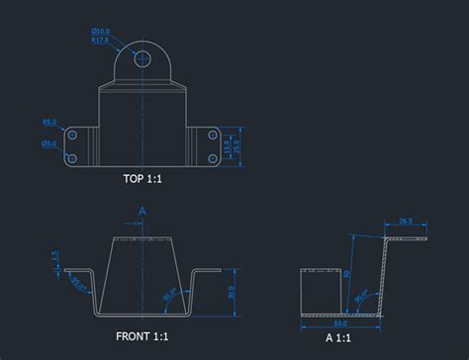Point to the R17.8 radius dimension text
[x=100, y=41]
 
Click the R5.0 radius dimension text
[x=49, y=123]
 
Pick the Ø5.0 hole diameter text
[x=49, y=143]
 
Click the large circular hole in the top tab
[x=142, y=59]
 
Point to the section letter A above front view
[x=142, y=211]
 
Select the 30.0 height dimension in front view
[x=232, y=293]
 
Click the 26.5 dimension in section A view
[x=405, y=221]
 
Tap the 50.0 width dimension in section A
[x=340, y=322]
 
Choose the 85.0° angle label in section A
[x=363, y=293]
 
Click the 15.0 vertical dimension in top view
[x=226, y=145]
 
